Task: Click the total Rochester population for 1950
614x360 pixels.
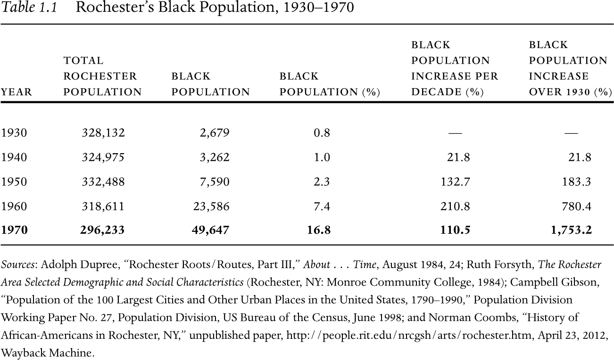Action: [103, 182]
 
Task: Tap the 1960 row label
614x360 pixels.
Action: [14, 206]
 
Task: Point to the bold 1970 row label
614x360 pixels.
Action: [15, 230]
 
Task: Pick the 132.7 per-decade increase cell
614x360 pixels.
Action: [455, 182]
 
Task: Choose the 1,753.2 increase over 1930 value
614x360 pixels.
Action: [572, 230]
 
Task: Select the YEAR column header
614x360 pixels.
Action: [17, 92]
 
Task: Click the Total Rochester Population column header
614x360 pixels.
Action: [102, 76]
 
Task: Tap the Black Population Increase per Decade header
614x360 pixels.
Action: [455, 68]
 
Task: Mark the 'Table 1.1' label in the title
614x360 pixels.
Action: [29, 8]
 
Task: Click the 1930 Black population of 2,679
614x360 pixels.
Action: [215, 133]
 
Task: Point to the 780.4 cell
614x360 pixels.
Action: [576, 206]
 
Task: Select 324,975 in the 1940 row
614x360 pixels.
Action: [103, 157]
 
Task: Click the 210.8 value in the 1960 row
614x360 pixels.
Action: [455, 206]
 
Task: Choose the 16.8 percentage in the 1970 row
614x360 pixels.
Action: [322, 230]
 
